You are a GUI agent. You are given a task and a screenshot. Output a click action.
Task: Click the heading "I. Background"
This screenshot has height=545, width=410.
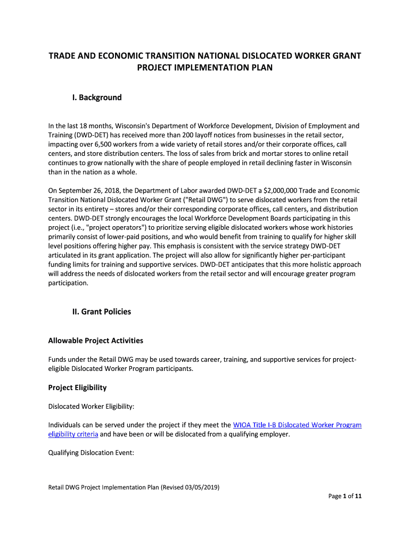[97, 97]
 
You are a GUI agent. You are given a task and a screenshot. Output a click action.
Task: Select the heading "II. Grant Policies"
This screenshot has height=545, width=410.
[102, 311]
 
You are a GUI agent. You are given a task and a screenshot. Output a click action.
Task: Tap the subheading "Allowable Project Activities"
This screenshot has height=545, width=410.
[96, 341]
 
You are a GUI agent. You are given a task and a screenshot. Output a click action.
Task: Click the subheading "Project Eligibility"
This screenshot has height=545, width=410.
[77, 387]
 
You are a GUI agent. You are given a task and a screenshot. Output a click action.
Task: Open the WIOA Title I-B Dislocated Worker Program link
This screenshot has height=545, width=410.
[297, 425]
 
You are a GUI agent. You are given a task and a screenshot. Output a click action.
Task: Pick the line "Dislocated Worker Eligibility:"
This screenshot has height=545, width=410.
[91, 407]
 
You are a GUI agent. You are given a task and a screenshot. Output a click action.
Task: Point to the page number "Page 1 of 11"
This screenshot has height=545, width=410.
[345, 497]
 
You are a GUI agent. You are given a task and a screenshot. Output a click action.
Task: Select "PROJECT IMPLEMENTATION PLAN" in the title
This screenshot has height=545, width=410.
[205, 68]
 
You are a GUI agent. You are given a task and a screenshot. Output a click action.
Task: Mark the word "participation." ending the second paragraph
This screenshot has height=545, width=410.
[68, 283]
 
